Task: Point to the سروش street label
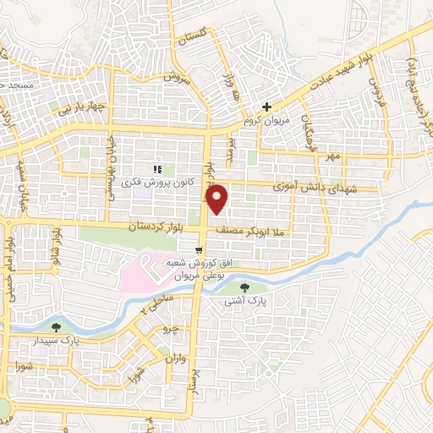click(x=173, y=76)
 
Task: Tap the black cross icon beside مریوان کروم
click(x=266, y=107)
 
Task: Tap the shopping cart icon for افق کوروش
click(x=199, y=250)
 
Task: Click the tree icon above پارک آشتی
click(x=245, y=288)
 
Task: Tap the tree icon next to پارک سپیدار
click(x=56, y=326)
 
